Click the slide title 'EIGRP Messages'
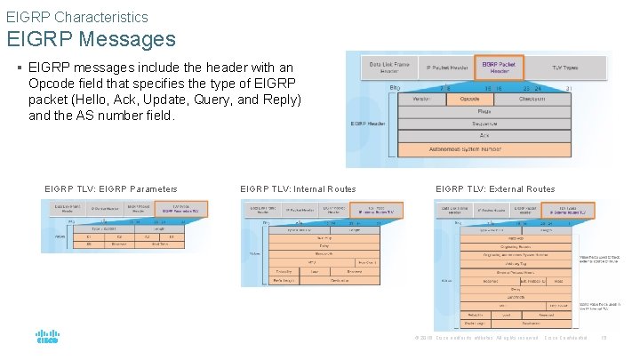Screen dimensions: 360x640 coord(92,39)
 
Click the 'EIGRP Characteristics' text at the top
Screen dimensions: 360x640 coord(77,16)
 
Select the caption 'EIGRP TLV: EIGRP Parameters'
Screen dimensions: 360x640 coord(110,188)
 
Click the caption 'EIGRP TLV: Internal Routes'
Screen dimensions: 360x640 coord(298,188)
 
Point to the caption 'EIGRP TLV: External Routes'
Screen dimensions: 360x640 coord(494,188)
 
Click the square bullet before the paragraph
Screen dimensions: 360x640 coord(20,68)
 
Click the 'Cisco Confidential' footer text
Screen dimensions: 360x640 coord(565,338)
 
